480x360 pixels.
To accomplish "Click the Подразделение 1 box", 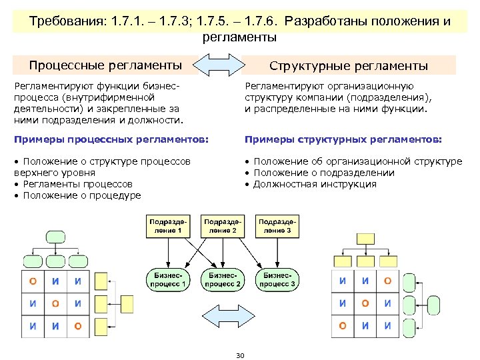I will [169, 225].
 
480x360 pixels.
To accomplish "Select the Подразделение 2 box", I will [223, 225].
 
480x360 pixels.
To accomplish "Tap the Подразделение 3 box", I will [278, 225].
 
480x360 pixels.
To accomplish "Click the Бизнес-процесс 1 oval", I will [168, 279].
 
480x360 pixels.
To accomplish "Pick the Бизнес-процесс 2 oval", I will [224, 279].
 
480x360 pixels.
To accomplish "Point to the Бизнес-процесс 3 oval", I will [279, 279].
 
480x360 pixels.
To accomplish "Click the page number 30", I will [240, 355].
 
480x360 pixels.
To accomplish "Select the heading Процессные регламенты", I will [105, 65].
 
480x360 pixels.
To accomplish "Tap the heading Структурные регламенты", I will [348, 65].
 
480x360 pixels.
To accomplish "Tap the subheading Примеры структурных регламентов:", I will [343, 139].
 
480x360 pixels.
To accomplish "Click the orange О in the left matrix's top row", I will [33, 281].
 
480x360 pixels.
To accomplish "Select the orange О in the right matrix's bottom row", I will [343, 326].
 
